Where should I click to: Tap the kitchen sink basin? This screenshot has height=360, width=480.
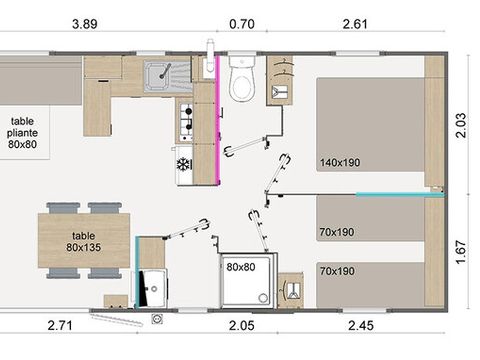(x=157, y=76)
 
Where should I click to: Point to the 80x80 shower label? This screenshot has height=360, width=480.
(x=240, y=267)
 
